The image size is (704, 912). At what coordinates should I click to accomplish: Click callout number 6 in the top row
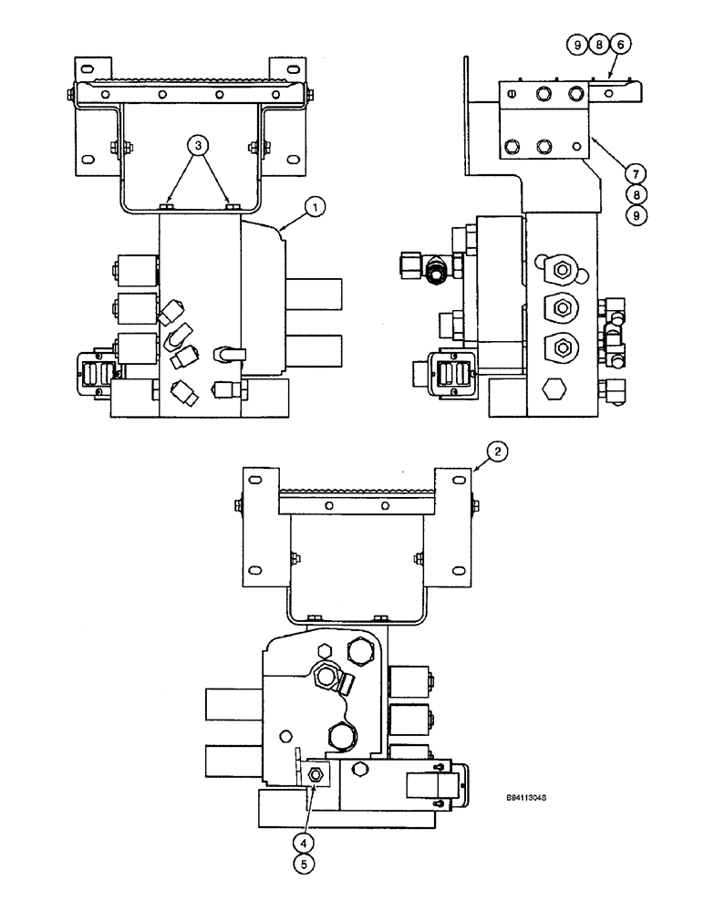pos(623,44)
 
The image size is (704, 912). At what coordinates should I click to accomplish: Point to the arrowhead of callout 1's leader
pos(283,227)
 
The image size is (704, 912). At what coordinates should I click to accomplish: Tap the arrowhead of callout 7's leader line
pos(591,137)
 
